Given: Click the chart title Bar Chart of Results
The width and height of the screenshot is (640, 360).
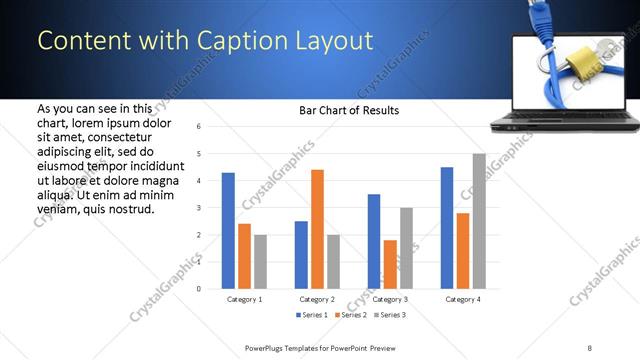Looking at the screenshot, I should click(349, 110).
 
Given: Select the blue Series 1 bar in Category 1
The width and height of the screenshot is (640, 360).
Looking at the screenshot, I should click(228, 230).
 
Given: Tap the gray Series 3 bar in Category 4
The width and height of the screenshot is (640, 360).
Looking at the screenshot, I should click(478, 221).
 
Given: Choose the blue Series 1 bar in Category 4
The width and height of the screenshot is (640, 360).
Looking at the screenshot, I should click(446, 227).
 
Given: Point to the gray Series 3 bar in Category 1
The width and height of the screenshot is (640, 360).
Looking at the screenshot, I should click(260, 261).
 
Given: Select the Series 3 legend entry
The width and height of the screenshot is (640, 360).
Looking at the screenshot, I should click(389, 315).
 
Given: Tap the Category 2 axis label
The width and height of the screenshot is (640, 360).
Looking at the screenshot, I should click(316, 299).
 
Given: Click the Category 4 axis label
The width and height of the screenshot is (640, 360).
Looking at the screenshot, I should click(462, 299).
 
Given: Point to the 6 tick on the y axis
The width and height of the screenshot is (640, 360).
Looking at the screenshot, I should click(200, 127).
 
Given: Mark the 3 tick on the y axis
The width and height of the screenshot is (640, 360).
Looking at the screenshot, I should click(200, 208).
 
